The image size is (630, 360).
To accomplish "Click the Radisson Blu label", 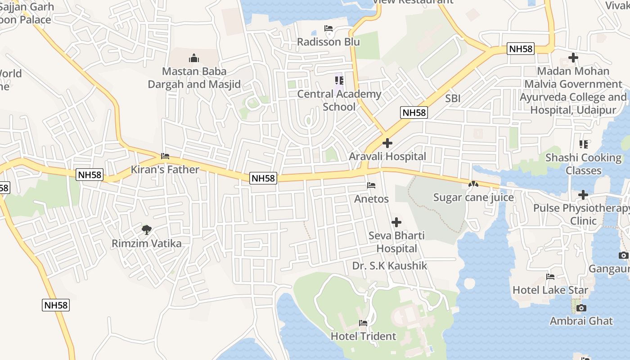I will coord(328,42).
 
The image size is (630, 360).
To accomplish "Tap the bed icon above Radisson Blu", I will coord(328,29).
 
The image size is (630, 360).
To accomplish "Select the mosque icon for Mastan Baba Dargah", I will coord(194,58).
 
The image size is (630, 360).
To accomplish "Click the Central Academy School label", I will coord(339,100).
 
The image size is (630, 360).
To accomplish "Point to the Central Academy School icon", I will coord(339,81).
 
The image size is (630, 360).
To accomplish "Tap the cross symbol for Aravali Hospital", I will coord(387,143).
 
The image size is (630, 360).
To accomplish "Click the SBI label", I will coord(453,99).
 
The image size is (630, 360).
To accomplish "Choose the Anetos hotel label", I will coord(371,198).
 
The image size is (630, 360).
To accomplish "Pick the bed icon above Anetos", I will coord(371,185).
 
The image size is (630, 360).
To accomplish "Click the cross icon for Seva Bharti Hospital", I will coord(396,222).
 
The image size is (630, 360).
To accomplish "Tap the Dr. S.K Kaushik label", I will coord(390,266).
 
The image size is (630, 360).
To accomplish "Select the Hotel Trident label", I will coord(363,336).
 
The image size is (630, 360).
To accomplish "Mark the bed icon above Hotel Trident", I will coord(363,323).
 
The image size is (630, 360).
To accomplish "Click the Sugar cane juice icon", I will coord(473,184).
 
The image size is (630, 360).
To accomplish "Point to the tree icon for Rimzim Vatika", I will coord(146,230).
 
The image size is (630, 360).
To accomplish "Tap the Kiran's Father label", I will coord(165,170).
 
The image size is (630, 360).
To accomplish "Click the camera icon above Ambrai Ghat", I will coord(581,308).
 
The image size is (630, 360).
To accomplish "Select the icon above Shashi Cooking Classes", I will coord(584,144).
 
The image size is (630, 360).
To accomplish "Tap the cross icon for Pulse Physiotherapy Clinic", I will coord(583,195).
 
